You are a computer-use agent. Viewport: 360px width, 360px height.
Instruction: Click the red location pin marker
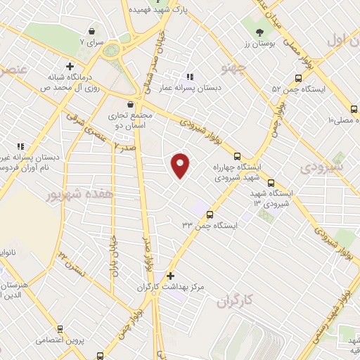tap(181, 165)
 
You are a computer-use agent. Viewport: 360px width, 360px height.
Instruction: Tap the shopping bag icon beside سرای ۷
tap(93, 31)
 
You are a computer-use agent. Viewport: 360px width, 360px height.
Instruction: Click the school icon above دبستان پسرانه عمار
tap(189, 77)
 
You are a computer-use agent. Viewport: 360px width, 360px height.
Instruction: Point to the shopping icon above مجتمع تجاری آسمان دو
tap(131, 104)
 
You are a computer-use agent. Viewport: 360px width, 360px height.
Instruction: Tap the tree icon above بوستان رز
tap(259, 32)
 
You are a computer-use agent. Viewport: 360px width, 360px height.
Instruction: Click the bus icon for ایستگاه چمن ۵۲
tap(298, 79)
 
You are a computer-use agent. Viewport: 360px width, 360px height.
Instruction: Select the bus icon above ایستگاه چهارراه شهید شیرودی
tap(236, 157)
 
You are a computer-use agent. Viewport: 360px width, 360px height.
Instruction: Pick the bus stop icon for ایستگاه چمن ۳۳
tap(210, 214)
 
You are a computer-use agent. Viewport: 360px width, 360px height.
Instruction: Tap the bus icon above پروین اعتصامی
tap(60, 328)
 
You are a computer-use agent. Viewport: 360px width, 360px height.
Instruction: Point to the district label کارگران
tap(235, 302)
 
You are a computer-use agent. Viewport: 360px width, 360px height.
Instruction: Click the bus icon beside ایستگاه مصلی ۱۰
tap(353, 109)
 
